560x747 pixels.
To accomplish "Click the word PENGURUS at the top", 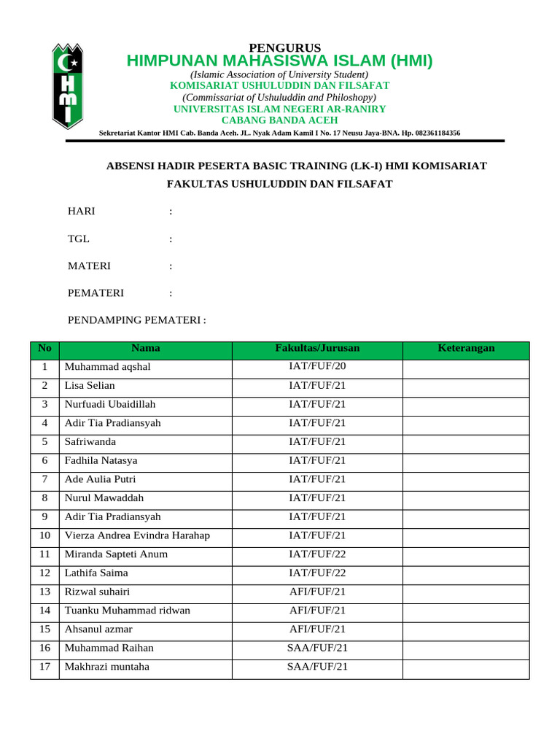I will [279, 48].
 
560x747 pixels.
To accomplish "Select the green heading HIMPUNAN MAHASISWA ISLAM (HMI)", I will [279, 61].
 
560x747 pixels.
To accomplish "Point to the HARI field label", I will [81, 212].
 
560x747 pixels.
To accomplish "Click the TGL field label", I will [79, 239].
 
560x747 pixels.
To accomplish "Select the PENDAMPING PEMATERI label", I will [136, 320].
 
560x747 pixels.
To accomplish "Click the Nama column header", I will [146, 349].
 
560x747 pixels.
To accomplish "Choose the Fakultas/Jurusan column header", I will [317, 349].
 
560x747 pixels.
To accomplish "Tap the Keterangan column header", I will [466, 349].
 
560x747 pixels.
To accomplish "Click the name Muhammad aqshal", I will [108, 367].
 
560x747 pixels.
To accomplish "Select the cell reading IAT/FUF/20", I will [317, 367].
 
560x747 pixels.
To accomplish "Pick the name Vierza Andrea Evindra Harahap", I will [137, 535].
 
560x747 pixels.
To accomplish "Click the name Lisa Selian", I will [90, 385].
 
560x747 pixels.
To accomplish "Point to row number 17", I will [44, 667].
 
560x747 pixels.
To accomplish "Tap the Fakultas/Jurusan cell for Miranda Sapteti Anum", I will [317, 554].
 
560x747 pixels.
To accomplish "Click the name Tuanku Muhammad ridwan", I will [128, 611].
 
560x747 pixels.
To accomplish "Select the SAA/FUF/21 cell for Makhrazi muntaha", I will [317, 667].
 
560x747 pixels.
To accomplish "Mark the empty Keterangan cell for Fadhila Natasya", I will [466, 460].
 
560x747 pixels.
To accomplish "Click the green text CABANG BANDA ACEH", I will [279, 120].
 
